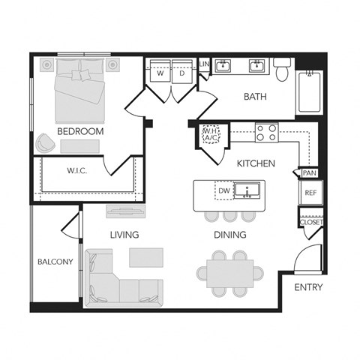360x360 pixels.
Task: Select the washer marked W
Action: [x=160, y=74]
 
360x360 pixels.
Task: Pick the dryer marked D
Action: [x=181, y=74]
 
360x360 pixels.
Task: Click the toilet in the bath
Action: [x=282, y=70]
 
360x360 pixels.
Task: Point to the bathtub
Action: [x=310, y=91]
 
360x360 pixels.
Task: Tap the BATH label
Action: [x=256, y=97]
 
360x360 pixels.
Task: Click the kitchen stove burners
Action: [x=265, y=133]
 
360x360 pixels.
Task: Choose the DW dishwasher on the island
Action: [x=223, y=192]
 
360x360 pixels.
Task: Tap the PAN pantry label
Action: [x=309, y=173]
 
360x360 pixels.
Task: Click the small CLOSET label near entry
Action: [x=310, y=222]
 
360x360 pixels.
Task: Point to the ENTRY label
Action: [x=308, y=287]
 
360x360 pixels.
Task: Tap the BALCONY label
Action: [x=55, y=262]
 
